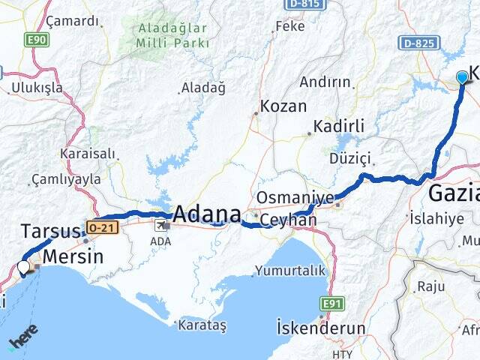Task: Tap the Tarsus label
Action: point(50,230)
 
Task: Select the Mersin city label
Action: point(73,256)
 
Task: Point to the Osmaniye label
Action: point(295,197)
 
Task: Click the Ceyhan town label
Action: point(292,220)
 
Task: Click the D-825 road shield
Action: point(418,43)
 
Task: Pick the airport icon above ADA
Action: point(161,224)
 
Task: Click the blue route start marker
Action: point(462,76)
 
